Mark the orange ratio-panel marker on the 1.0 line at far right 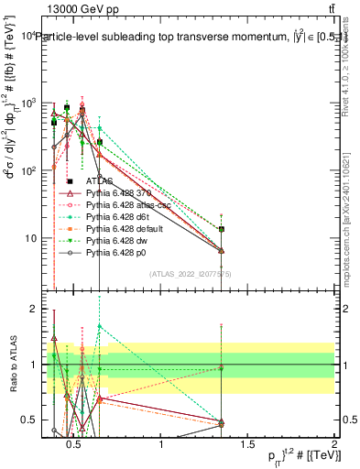point(222,368)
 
